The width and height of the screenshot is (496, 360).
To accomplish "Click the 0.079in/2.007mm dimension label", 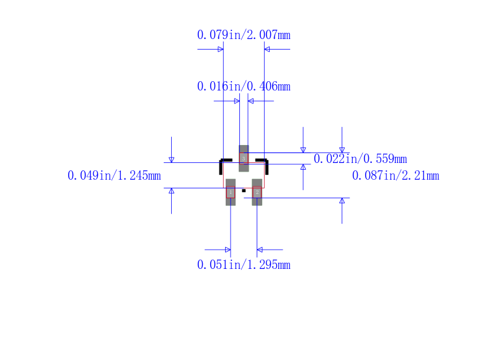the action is pyautogui.click(x=244, y=35).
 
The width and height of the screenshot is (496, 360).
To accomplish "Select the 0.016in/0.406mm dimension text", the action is pyautogui.click(x=244, y=86).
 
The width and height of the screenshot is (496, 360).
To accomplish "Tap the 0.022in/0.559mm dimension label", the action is pyautogui.click(x=360, y=159).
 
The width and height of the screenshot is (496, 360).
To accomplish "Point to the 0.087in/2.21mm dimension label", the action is pyautogui.click(x=396, y=175).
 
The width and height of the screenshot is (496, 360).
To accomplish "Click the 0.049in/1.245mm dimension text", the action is pyautogui.click(x=114, y=175).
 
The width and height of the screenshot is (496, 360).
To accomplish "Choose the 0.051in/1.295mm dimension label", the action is pyautogui.click(x=244, y=265).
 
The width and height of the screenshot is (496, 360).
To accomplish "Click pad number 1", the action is pyautogui.click(x=231, y=192).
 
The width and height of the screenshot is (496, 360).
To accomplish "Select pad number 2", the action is pyautogui.click(x=257, y=192).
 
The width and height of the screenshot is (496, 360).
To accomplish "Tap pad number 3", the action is pyautogui.click(x=244, y=159).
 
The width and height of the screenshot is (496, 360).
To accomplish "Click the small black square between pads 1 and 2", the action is pyautogui.click(x=244, y=191).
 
